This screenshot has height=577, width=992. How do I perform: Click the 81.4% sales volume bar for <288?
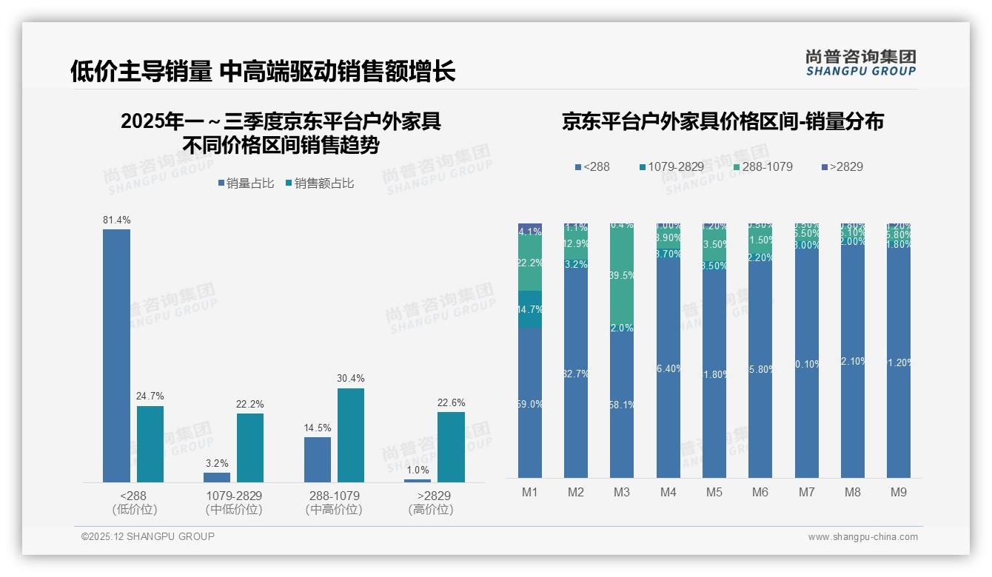pyautogui.click(x=116, y=355)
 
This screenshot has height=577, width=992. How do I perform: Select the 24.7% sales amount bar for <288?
pyautogui.click(x=150, y=444)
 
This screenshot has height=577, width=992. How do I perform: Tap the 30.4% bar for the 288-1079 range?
pyautogui.click(x=351, y=435)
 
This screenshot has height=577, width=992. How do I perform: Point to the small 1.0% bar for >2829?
pyautogui.click(x=418, y=480)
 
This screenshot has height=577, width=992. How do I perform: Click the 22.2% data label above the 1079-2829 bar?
pyautogui.click(x=250, y=404)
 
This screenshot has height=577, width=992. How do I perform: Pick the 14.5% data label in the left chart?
pyautogui.click(x=318, y=428)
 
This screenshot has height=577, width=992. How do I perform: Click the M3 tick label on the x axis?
pyautogui.click(x=622, y=492)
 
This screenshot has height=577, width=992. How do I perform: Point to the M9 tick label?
pyautogui.click(x=899, y=492)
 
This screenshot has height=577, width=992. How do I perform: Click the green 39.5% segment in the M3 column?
pyautogui.click(x=622, y=274)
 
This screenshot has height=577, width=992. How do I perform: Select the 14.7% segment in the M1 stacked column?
pyautogui.click(x=530, y=309)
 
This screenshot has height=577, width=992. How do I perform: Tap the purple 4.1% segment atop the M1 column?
pyautogui.click(x=530, y=231)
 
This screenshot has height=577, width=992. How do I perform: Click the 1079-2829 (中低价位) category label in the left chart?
pyautogui.click(x=234, y=502)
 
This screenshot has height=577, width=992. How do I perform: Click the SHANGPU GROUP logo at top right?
pyautogui.click(x=860, y=63)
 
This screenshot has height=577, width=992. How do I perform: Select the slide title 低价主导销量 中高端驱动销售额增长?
pyautogui.click(x=263, y=71)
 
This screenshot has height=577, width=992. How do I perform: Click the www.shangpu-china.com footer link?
pyautogui.click(x=862, y=537)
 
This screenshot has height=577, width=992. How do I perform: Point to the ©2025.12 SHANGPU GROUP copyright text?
pyautogui.click(x=148, y=536)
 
